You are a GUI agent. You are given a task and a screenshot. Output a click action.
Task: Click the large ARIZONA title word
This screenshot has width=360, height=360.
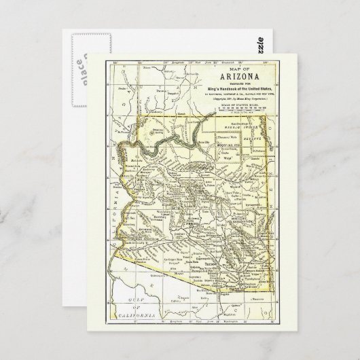click(231, 77)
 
